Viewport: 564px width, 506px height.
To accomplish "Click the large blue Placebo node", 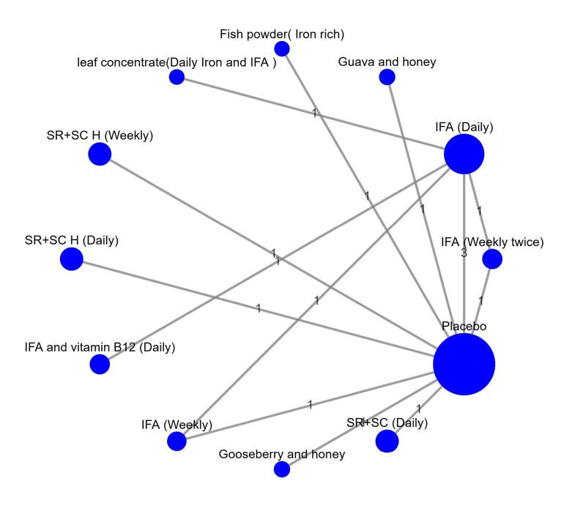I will [464, 364].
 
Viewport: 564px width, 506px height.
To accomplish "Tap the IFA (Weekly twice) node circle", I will [492, 258].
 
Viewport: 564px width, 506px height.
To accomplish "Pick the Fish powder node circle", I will [281, 48].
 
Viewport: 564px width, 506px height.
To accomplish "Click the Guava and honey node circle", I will [387, 77].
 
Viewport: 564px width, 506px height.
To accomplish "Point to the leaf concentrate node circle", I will [177, 77].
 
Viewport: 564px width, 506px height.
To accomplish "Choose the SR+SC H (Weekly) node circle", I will [100, 155].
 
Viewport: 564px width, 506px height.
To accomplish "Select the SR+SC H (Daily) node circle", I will [71, 258].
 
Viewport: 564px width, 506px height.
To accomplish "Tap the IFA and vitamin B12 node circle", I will [99, 364].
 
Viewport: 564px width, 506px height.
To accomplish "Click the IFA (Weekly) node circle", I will [177, 441].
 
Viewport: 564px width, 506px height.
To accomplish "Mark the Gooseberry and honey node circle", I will [281, 469].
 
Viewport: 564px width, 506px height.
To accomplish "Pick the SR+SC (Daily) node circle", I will [387, 442].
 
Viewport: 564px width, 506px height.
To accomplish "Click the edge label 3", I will [464, 253].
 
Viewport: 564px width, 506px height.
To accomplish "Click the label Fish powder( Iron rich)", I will [282, 34].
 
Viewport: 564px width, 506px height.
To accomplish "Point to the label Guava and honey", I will [387, 62].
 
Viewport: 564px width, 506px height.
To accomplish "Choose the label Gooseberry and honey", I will [282, 455].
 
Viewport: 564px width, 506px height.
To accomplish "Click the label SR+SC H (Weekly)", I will [99, 135].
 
